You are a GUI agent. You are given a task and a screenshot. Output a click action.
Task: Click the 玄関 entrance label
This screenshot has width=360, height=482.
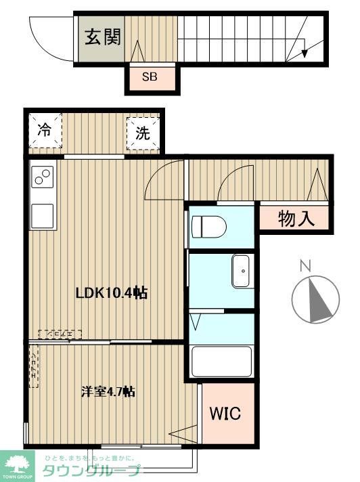coord(102,37)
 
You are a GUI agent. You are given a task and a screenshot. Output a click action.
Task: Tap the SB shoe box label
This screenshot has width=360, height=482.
coord(150,77)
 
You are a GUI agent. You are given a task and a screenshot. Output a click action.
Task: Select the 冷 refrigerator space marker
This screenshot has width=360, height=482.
coord(44,131)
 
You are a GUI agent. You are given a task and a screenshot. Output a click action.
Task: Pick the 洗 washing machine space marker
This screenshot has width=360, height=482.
coord(142,133)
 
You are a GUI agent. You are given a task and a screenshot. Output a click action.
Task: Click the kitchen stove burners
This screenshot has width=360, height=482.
coord(43,177)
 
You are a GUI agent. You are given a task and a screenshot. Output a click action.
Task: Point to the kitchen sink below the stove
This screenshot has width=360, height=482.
coord(43,216)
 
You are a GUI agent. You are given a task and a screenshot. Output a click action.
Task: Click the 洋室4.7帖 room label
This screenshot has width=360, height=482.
coord(108,391)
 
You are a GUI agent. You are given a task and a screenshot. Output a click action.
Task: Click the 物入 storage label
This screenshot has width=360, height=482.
coord(296,218)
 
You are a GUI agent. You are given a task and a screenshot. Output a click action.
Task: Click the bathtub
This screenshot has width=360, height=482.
coord(221,361)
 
